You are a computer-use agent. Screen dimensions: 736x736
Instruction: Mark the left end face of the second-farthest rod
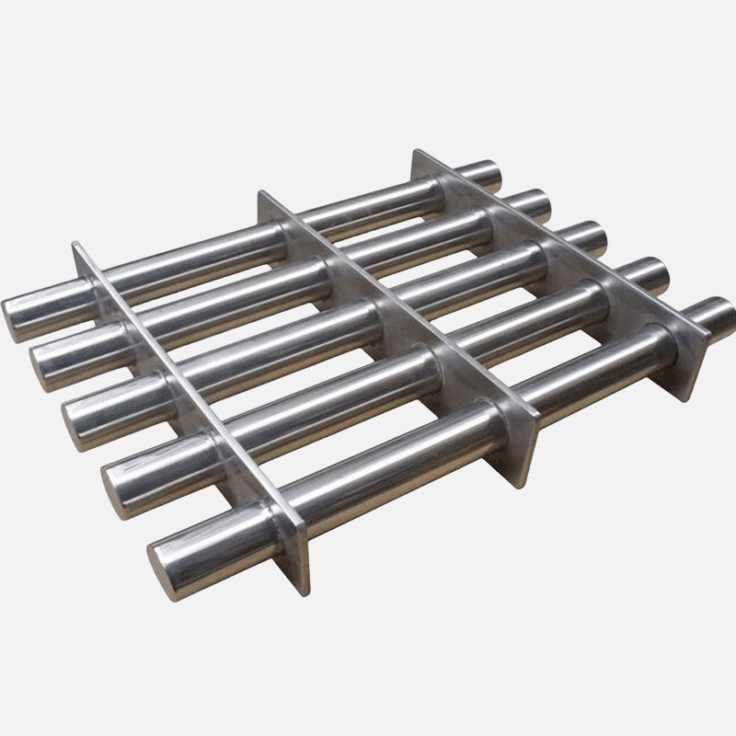tap(46, 352)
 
